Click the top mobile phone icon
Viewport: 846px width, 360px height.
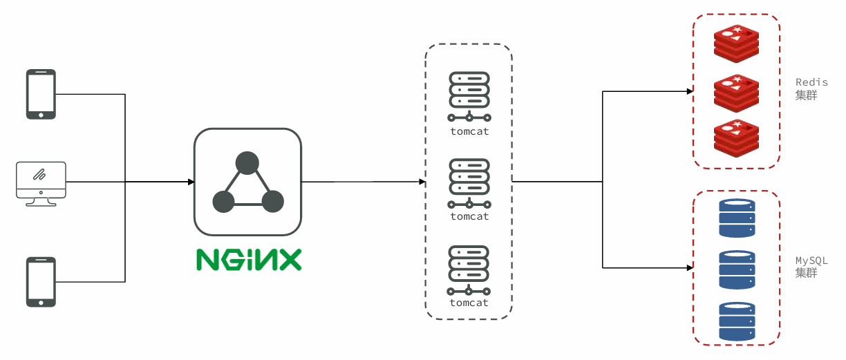point(41,94)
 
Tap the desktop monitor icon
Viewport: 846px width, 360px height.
point(41,183)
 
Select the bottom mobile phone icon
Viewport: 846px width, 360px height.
point(41,281)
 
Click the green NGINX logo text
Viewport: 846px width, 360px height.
point(249,259)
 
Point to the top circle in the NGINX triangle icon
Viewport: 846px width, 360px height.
point(247,164)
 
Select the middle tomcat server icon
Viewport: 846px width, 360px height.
point(469,184)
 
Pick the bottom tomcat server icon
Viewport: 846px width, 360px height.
point(469,270)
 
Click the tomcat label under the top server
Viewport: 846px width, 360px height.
point(469,131)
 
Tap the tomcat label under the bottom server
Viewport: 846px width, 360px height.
point(469,303)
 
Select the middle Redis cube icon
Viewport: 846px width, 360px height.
point(737,93)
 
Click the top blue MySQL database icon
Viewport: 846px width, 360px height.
point(737,218)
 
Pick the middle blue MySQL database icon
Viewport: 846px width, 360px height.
point(737,269)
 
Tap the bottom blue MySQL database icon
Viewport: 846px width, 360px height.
point(737,321)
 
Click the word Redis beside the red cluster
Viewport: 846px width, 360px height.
point(811,82)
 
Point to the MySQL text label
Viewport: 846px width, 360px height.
point(811,260)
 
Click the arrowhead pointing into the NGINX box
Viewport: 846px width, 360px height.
point(191,182)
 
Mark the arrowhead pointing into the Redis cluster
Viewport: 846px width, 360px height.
point(690,91)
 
